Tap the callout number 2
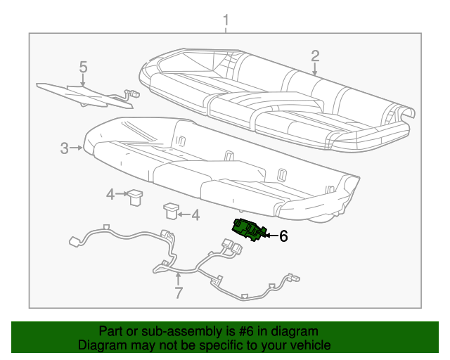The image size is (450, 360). click(x=315, y=56)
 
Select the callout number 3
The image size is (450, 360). click(x=64, y=148)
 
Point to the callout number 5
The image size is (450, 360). click(x=83, y=67)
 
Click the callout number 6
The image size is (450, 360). click(x=283, y=237)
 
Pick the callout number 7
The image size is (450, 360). click(x=178, y=292)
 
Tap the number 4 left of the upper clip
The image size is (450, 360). click(x=110, y=195)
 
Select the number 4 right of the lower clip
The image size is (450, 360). click(x=195, y=215)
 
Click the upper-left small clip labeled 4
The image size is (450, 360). click(x=135, y=197)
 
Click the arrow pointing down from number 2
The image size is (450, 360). click(x=315, y=70)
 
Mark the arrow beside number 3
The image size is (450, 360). click(x=77, y=148)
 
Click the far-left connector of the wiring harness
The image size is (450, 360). click(x=73, y=243)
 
